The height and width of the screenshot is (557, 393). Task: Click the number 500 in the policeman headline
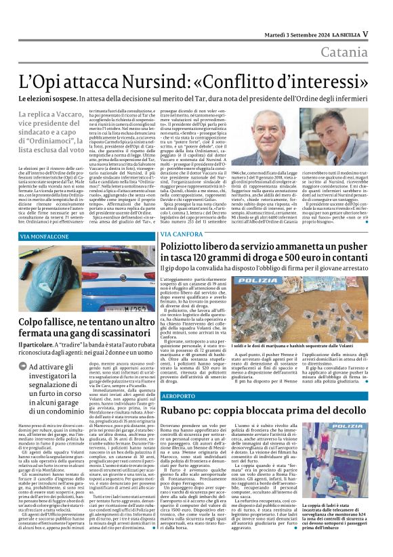[303, 262]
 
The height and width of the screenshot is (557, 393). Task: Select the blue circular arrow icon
[24, 367]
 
